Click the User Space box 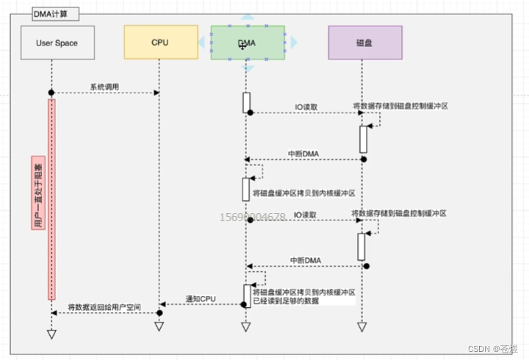coord(57,43)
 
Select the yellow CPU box coord(159,43)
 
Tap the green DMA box coord(247,43)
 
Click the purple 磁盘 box coord(364,43)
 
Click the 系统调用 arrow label coord(104,87)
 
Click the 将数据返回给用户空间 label coord(104,306)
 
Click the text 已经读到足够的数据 coord(286,301)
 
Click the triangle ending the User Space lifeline coord(51,335)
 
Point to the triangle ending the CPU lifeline coord(159,335)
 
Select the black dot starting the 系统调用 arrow coord(51,92)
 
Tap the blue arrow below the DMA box coord(248,68)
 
